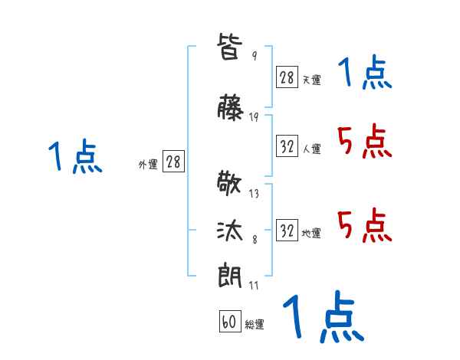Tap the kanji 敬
(231, 184)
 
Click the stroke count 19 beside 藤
(254, 117)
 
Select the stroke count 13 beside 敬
(254, 194)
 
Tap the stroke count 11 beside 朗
(254, 286)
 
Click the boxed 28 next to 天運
(287, 77)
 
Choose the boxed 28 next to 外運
(173, 162)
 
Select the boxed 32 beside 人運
(287, 146)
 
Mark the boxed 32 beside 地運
(287, 231)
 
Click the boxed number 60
(228, 322)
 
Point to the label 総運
(255, 325)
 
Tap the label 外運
(147, 164)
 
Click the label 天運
(311, 80)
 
